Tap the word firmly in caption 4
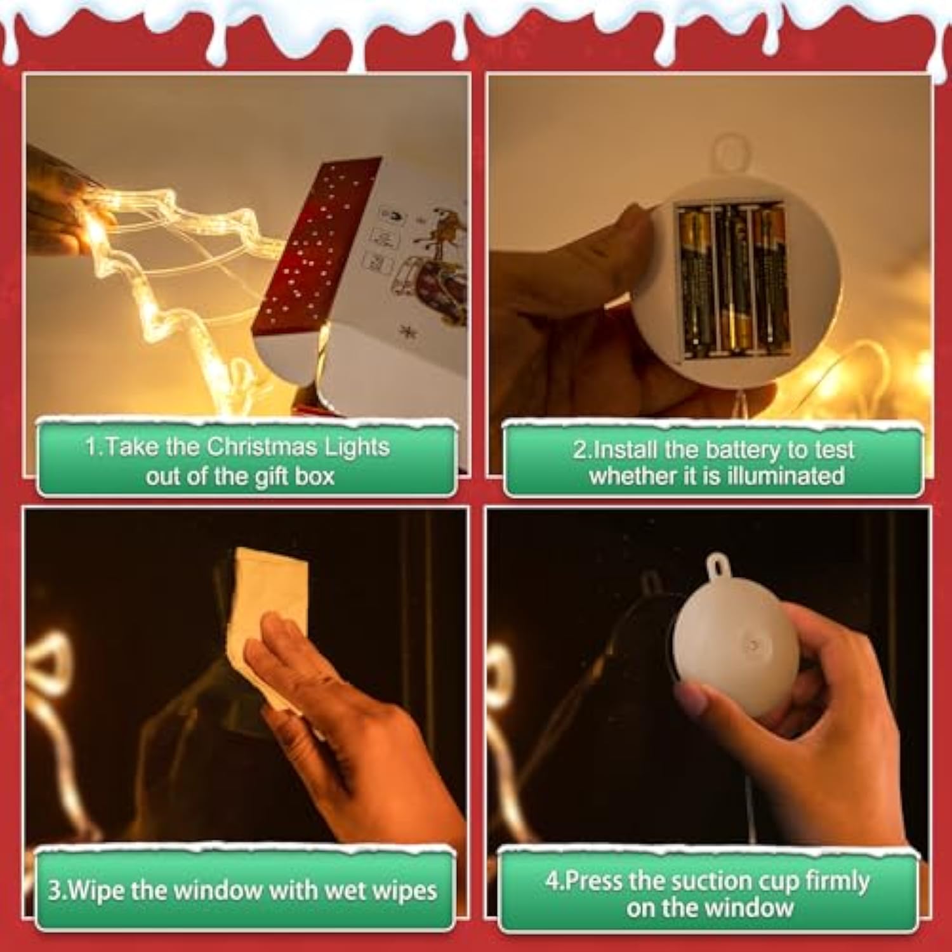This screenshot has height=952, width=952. [837, 882]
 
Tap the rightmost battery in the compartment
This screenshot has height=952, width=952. [770, 281]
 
